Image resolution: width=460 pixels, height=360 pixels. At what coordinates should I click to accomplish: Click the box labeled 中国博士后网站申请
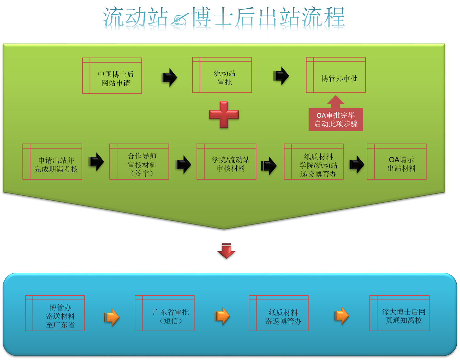[x=112, y=76]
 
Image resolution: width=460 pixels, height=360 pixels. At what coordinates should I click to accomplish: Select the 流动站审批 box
[x=222, y=75]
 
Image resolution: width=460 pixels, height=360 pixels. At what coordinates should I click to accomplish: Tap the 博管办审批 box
[x=336, y=75]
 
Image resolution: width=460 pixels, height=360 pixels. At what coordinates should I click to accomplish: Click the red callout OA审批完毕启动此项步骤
[x=336, y=119]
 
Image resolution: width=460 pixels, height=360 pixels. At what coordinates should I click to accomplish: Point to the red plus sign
[x=224, y=114]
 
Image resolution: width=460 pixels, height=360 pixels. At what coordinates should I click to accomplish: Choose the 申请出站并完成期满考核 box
[x=52, y=162]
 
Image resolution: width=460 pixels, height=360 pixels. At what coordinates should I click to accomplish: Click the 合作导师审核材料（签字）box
[x=139, y=162]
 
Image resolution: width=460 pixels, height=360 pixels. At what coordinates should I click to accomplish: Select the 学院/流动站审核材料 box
[x=227, y=162]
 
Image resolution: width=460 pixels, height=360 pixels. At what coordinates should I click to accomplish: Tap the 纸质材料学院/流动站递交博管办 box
[x=314, y=162]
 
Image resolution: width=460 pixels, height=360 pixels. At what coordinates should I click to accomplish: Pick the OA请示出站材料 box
[x=397, y=162]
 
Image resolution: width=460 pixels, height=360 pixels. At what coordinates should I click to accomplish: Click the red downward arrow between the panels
[x=226, y=251]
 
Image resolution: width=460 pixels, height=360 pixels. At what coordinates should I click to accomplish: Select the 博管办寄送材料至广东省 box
[x=55, y=313]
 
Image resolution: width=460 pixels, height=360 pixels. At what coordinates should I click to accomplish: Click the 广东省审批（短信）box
[x=165, y=313]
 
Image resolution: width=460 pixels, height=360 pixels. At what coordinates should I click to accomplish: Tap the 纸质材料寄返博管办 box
[x=279, y=313]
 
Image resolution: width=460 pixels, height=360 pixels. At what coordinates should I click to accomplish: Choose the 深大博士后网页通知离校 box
[x=399, y=313]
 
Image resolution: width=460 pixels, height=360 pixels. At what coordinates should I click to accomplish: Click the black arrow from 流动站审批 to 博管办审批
[x=281, y=76]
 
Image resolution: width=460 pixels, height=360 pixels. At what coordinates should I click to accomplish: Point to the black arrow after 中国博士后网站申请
[x=169, y=78]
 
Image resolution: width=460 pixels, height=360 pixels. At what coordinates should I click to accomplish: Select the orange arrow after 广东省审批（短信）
[x=222, y=316]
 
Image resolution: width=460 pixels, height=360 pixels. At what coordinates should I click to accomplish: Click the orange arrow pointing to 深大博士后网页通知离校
[x=341, y=316]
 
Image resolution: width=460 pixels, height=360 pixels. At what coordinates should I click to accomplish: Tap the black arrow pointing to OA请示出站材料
[x=356, y=165]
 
